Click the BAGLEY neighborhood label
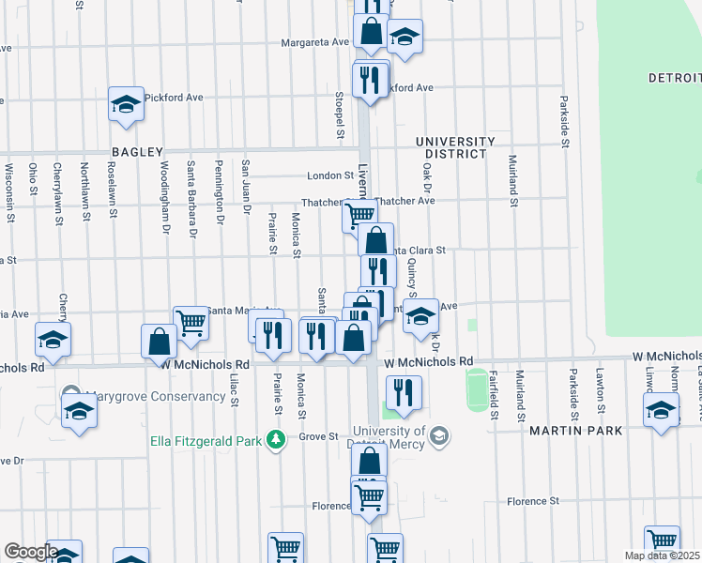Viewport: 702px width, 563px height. (138, 151)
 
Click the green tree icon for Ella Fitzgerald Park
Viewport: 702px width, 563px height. (275, 438)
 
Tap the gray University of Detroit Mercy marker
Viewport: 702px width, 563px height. (439, 435)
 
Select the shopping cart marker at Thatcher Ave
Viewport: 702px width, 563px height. (359, 215)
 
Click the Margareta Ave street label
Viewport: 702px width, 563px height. (316, 42)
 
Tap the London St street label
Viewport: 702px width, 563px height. (329, 175)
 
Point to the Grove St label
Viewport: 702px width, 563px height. (318, 436)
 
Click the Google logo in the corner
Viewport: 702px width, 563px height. (30, 552)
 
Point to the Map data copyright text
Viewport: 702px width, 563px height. (663, 555)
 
